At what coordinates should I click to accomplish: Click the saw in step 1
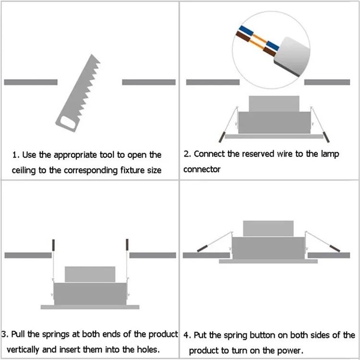point(79,94)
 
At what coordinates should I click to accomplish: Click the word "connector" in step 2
point(202,169)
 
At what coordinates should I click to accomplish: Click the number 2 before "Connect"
point(187,154)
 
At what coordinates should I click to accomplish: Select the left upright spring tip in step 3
point(54,244)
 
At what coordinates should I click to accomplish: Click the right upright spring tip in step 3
point(127,244)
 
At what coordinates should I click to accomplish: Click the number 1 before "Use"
point(15,155)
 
